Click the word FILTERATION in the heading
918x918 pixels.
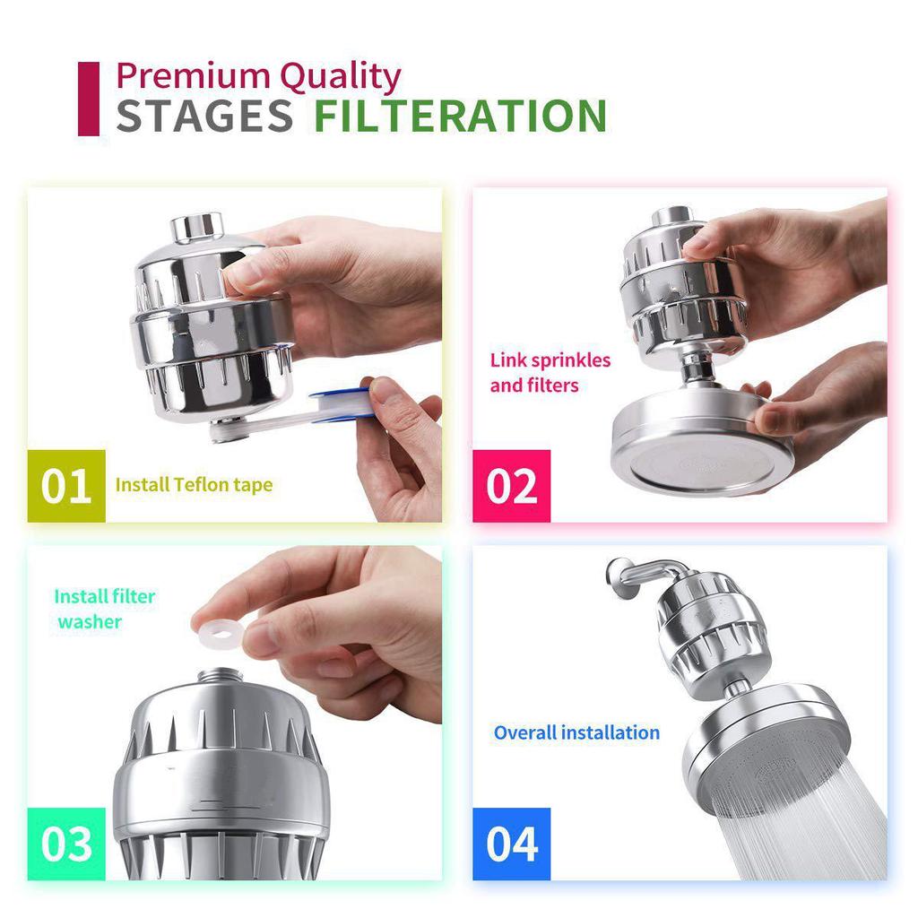tap(460, 117)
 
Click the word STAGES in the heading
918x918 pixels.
tap(204, 117)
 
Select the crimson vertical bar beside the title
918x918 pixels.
tap(88, 99)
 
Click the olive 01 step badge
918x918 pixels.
tap(66, 485)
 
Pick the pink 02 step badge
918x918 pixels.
tap(512, 485)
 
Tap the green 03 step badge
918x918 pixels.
tap(66, 844)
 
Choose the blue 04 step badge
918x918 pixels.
tap(512, 844)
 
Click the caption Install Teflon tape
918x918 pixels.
tap(194, 485)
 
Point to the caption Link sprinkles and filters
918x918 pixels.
tap(550, 373)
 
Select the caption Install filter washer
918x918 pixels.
tap(104, 609)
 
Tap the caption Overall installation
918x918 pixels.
tap(576, 732)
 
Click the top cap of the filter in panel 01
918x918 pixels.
tap(197, 227)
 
